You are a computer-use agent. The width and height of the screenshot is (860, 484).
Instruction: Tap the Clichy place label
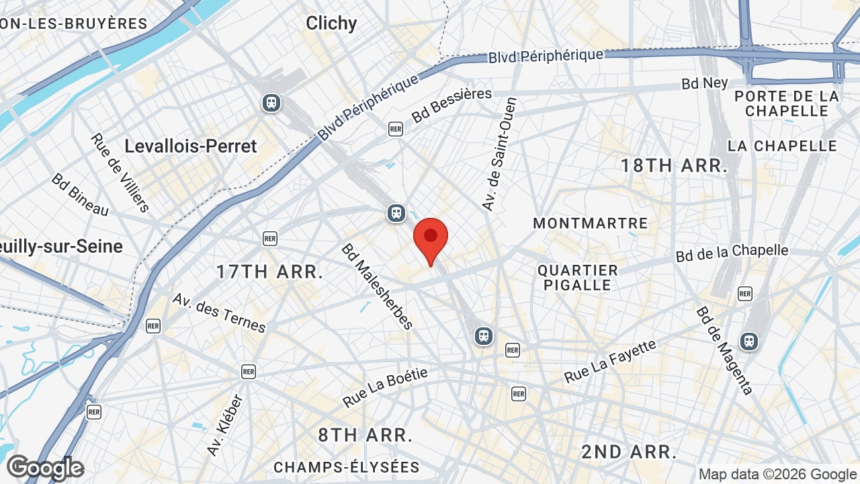[331, 23]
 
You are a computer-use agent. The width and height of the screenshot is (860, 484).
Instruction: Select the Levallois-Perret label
[191, 146]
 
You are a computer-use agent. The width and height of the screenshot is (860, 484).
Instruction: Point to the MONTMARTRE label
[591, 223]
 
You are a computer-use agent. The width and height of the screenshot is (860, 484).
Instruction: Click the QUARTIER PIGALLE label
[578, 278]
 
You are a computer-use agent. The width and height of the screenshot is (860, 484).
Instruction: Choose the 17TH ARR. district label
[269, 272]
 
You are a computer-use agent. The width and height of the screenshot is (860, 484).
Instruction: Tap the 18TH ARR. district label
[674, 166]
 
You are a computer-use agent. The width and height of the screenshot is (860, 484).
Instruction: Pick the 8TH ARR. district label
[365, 435]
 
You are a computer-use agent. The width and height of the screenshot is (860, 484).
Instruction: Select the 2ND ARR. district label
[629, 452]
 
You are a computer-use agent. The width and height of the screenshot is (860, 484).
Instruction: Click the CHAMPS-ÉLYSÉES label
[347, 467]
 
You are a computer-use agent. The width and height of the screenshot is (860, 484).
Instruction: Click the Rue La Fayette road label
[609, 362]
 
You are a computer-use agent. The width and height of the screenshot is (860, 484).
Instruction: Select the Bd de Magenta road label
[724, 350]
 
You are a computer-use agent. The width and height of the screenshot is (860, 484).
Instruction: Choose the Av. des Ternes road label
[219, 313]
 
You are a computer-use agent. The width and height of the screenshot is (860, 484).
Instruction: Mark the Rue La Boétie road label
[385, 388]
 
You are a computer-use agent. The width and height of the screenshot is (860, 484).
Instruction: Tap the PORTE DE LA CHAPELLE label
[787, 104]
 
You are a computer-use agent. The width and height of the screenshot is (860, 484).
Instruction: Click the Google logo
[45, 468]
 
